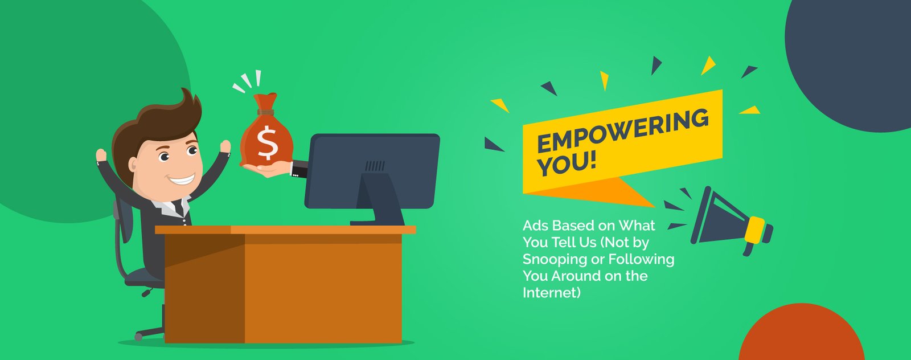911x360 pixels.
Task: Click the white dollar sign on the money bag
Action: point(267,143)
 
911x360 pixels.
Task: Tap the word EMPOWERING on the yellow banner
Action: point(623,130)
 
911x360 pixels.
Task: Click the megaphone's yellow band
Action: point(755,230)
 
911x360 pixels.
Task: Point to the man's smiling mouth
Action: point(182,179)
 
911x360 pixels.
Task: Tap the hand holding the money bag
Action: point(268,169)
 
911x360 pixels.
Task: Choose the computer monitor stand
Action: point(377,199)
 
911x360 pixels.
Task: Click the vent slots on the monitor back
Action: point(375,166)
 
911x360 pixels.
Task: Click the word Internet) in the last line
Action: point(552,292)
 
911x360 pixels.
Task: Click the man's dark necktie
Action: point(179,207)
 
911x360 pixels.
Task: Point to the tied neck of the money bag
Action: point(265,112)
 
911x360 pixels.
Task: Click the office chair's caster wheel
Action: point(139,337)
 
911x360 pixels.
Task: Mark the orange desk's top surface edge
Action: point(285,230)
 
